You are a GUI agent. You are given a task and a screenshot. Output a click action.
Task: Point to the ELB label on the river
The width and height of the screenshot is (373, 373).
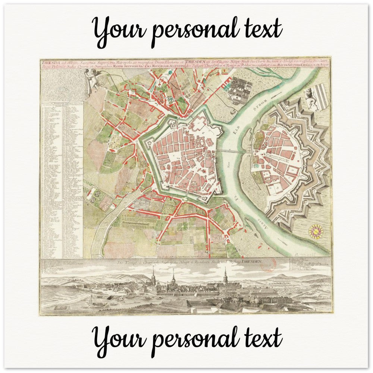[247, 126]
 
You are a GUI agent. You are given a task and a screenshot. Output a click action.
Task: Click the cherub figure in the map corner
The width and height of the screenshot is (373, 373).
[91, 81]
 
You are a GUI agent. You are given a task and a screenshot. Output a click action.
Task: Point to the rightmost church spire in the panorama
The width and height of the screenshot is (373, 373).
[225, 276]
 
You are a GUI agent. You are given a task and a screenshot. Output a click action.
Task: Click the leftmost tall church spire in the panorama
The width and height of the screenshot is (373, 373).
[153, 277]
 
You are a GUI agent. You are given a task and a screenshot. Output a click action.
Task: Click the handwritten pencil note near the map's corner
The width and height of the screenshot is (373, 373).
[317, 254]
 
